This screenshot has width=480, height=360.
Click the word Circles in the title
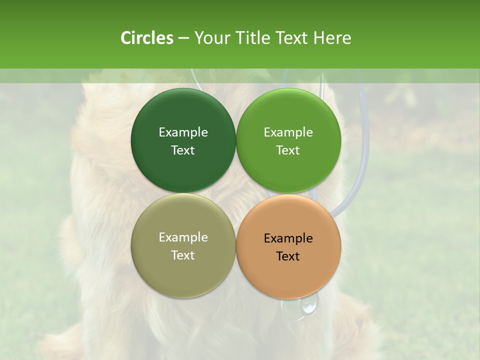(147, 38)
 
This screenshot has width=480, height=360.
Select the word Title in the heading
(255, 38)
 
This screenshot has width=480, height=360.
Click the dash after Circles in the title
(183, 38)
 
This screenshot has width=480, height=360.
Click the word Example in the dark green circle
(183, 132)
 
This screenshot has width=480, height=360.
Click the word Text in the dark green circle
(183, 150)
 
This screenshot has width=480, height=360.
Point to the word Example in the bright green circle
(288, 132)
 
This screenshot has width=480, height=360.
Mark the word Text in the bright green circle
(288, 150)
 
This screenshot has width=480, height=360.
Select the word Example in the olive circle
(183, 237)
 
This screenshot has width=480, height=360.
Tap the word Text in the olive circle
(183, 255)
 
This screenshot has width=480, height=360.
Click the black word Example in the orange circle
(288, 238)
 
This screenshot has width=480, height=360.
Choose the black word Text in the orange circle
(288, 256)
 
